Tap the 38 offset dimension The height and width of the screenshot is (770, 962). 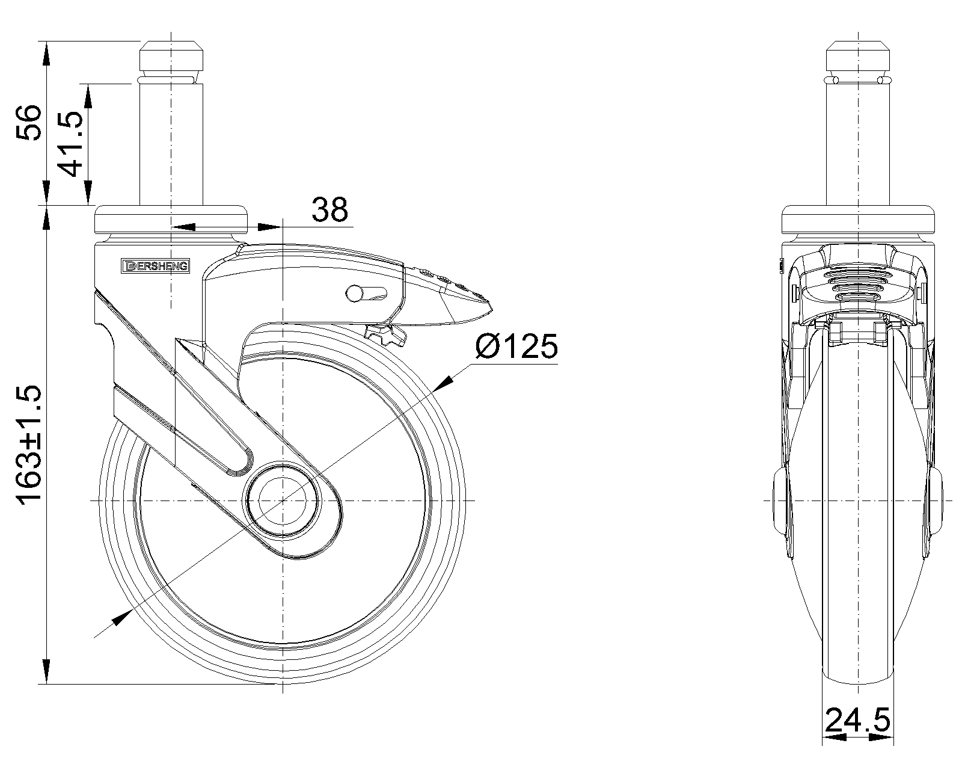[x=329, y=210]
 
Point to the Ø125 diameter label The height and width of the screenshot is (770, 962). [x=516, y=346]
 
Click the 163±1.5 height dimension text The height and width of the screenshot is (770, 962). [x=29, y=445]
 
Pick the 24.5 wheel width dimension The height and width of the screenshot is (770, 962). [x=857, y=719]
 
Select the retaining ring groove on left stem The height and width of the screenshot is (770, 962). [x=171, y=79]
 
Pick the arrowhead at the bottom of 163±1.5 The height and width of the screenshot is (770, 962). [x=46, y=673]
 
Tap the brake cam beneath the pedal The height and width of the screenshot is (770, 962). [x=384, y=333]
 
